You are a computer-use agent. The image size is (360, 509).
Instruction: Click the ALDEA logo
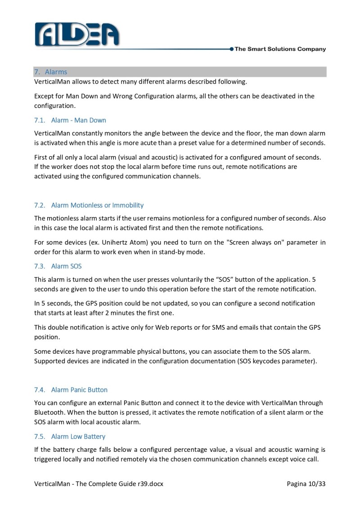point(76,34)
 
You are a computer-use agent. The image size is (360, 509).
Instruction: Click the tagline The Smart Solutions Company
point(280,49)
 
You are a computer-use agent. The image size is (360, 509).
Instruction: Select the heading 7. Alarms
point(50,72)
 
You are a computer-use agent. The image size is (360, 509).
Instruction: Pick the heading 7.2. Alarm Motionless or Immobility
point(89,205)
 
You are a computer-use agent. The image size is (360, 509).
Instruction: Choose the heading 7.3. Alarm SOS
point(58,266)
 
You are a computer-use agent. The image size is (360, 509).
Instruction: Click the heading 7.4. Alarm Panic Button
point(71,389)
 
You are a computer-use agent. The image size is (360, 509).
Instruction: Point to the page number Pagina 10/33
point(306,484)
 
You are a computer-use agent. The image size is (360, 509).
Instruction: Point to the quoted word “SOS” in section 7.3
point(217,279)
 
